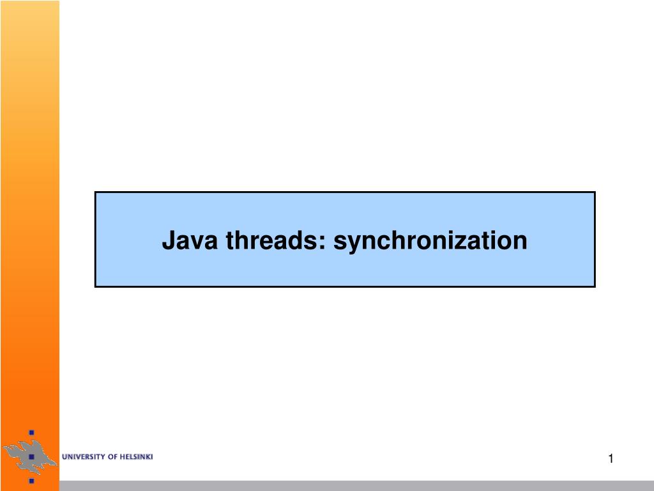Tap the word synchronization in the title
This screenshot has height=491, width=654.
point(431,242)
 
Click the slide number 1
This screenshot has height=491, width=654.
point(611,458)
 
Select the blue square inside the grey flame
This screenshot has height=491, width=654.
point(31,457)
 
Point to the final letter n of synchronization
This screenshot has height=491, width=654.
point(521,243)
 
